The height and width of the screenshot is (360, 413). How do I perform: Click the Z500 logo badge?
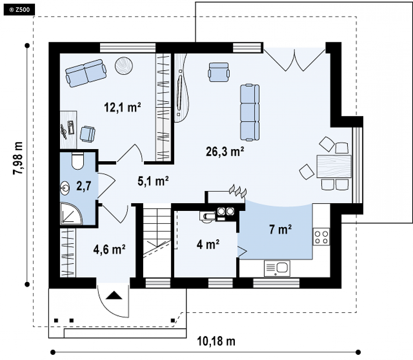(19, 10)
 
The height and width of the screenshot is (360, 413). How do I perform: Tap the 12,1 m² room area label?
(123, 107)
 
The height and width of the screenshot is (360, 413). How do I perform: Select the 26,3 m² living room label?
(225, 151)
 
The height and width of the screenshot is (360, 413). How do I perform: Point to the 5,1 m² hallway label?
(153, 181)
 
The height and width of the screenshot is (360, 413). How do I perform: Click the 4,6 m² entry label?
(109, 250)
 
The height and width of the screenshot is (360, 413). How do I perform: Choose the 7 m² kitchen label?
(280, 229)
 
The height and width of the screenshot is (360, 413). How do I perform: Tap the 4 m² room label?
(208, 245)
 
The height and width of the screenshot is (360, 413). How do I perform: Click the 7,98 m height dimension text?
(18, 158)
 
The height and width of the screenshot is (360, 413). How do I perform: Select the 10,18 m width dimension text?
(216, 341)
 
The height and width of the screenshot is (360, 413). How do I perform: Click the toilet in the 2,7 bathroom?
(77, 160)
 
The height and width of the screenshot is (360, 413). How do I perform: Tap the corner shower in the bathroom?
(71, 213)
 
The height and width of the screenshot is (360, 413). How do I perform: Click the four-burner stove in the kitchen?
(321, 237)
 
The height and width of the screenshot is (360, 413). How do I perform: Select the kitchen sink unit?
(277, 268)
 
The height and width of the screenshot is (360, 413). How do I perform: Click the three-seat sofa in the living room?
(250, 112)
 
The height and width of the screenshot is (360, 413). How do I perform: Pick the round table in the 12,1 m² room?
(124, 66)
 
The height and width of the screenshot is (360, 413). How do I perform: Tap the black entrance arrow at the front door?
(114, 295)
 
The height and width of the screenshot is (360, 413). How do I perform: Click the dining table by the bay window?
(334, 166)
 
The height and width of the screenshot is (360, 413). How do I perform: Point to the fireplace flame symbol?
(238, 191)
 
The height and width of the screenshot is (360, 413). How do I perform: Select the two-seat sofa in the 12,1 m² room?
(86, 73)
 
